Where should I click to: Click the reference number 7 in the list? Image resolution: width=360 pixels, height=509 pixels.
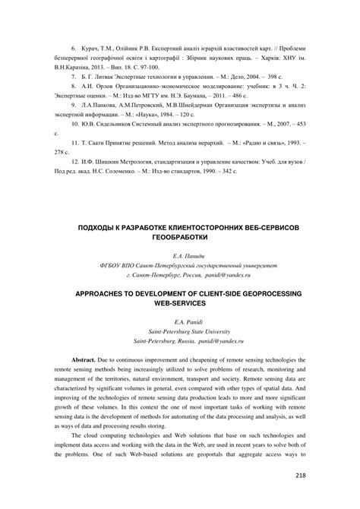(x=72, y=77)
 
